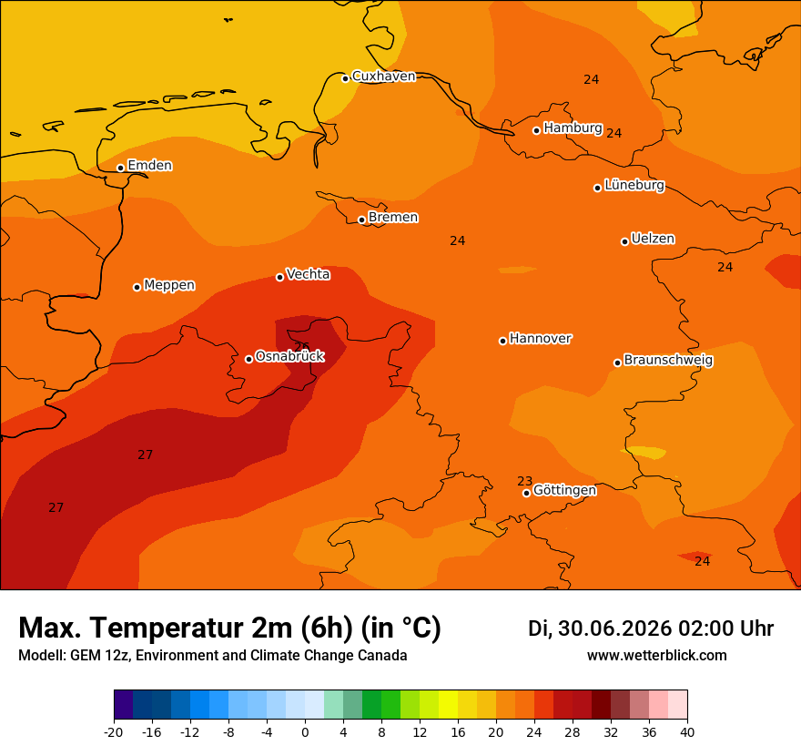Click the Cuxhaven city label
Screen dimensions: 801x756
tap(383, 77)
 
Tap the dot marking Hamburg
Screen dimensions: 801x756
tap(536, 131)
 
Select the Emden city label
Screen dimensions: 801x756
tap(149, 165)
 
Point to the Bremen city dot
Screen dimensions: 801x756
tap(361, 220)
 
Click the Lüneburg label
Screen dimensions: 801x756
tap(634, 185)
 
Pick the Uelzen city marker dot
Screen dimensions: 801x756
tap(624, 241)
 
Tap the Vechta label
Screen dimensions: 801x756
tap(308, 274)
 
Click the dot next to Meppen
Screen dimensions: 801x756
tap(137, 287)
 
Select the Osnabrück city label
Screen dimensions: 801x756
tap(289, 356)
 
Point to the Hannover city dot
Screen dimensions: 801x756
tap(502, 341)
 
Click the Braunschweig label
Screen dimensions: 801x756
tap(668, 361)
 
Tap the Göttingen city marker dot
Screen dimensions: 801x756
tap(526, 493)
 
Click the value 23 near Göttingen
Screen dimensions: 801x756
tap(524, 481)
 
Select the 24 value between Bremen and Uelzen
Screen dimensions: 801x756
tap(457, 240)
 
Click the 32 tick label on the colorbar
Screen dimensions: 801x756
tap(611, 732)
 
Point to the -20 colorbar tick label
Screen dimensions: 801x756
tap(114, 732)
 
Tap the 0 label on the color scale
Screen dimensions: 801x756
tap(305, 732)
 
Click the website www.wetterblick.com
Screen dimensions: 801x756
tap(656, 655)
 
